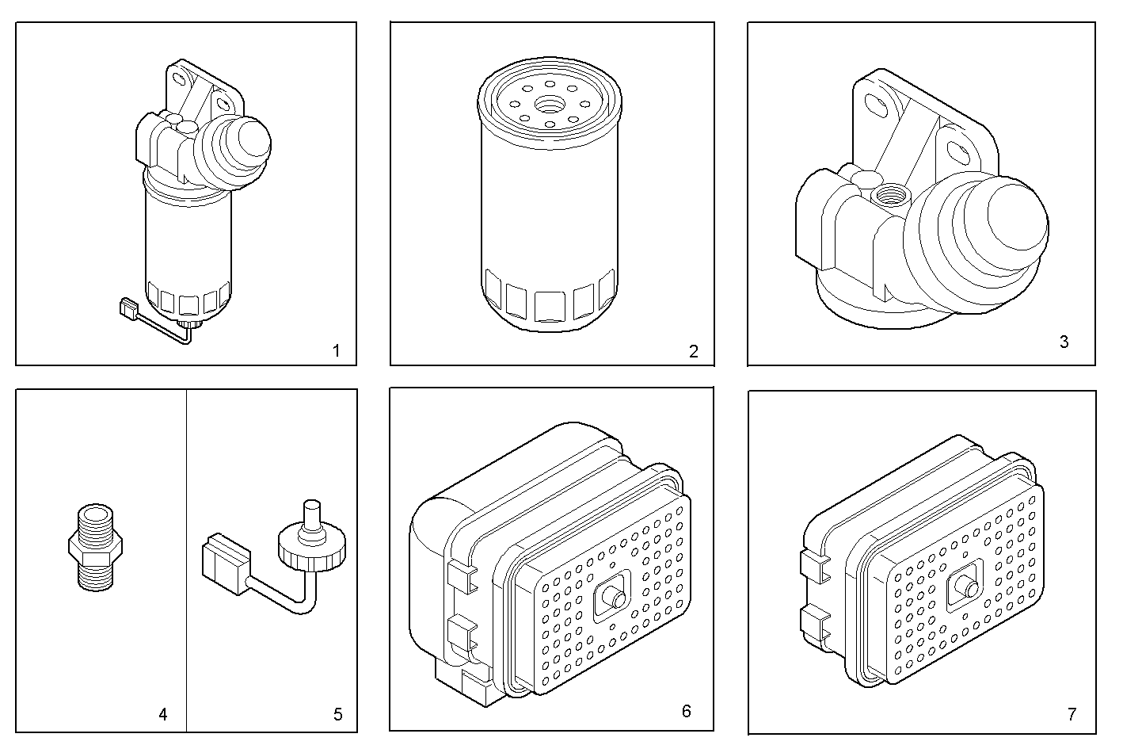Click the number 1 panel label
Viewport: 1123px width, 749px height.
pyautogui.click(x=336, y=350)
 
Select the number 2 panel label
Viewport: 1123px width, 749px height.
pyautogui.click(x=694, y=351)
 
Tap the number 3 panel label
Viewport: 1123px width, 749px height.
pyautogui.click(x=1064, y=342)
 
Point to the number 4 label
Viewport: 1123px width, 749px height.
pyautogui.click(x=163, y=714)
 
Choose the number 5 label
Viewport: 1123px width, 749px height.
pyautogui.click(x=337, y=714)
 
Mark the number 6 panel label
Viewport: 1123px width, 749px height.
pyautogui.click(x=686, y=711)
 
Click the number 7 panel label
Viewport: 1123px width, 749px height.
pyautogui.click(x=1072, y=714)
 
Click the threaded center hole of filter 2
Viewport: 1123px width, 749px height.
pyautogui.click(x=547, y=104)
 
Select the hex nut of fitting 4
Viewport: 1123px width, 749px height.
pyautogui.click(x=94, y=545)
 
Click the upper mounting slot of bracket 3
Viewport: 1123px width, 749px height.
pyautogui.click(x=877, y=104)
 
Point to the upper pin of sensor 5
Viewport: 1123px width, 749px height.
pyautogui.click(x=312, y=514)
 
